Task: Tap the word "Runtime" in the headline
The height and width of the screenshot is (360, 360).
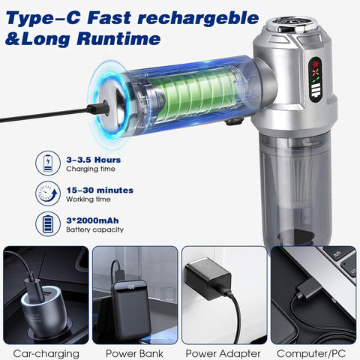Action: pos(118,38)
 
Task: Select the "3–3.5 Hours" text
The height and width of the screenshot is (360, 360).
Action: pos(94,160)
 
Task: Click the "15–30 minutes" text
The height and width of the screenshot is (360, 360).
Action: pos(100,190)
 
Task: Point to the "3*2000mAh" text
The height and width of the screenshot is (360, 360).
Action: pos(92,220)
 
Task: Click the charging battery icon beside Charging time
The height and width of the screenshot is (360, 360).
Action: pos(48,163)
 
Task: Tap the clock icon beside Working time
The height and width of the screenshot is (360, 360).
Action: pos(48,193)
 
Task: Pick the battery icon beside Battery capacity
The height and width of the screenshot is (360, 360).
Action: pos(48,224)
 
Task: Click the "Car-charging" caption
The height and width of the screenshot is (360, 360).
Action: pos(46,353)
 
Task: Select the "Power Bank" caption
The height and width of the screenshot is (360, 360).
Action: pos(134,353)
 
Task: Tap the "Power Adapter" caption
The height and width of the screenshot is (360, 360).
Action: pos(223,353)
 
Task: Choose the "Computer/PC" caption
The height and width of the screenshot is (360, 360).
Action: pos(311,353)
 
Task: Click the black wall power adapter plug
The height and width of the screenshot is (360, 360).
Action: pos(208,278)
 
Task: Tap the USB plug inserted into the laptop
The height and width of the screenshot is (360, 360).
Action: pos(309,289)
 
